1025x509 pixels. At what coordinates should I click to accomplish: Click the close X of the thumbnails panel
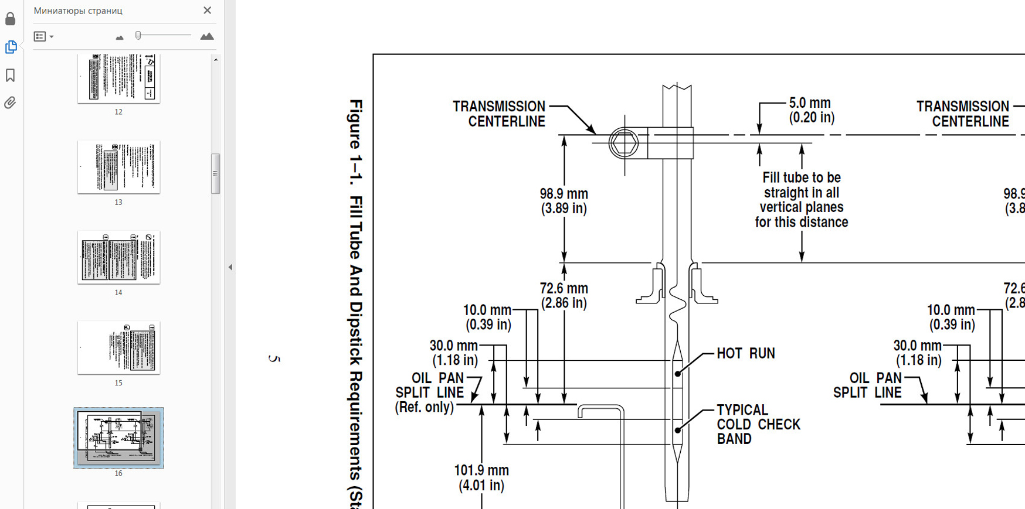207,11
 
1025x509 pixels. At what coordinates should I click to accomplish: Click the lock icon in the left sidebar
11,19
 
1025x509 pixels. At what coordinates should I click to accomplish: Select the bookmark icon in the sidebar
11,75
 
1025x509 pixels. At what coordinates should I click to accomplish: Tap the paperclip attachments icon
11,103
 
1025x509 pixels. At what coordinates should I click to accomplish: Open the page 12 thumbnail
118,78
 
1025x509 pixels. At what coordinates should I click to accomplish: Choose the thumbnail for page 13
118,167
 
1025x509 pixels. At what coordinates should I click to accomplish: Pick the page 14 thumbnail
118,257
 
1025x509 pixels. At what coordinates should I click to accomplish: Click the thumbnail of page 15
118,347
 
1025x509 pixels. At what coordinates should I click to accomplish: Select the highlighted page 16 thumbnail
118,438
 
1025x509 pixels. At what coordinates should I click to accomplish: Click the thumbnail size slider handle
138,36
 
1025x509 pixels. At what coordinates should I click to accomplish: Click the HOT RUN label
745,354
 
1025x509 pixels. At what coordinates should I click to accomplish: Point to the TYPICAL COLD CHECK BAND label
758,425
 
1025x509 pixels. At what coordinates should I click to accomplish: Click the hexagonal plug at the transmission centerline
623,143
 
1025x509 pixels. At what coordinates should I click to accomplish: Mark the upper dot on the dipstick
677,374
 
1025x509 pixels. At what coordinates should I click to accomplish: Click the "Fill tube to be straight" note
801,200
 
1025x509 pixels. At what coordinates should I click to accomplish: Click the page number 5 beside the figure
274,358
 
